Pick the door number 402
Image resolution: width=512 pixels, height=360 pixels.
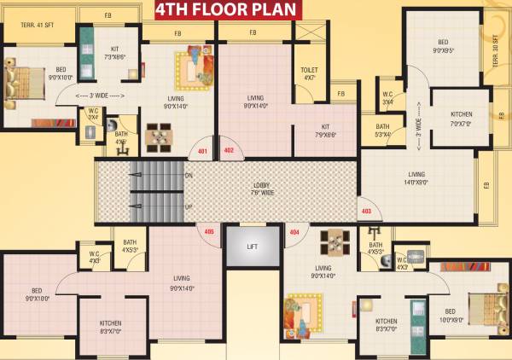coord(229,151)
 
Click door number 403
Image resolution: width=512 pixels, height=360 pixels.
coord(367,211)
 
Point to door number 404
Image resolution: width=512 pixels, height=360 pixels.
coord(295,231)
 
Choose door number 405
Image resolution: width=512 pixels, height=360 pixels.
coord(209,231)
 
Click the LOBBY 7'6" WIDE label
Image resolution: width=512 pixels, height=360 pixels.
coord(262,188)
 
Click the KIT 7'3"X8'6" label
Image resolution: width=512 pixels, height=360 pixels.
coord(115,53)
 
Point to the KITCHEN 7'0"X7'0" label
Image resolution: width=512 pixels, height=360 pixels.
coord(461,119)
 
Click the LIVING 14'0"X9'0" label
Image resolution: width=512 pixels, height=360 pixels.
coord(416,178)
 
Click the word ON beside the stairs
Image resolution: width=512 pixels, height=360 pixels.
coord(189,176)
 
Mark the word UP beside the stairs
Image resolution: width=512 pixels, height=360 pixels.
coord(189,206)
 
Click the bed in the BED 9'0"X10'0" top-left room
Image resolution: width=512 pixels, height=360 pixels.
coord(23,85)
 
